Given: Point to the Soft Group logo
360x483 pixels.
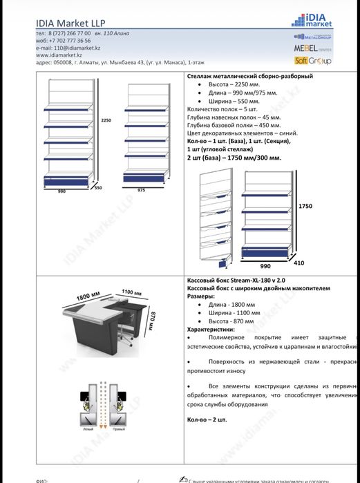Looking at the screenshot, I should (313, 61).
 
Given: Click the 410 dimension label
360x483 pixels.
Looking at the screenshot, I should (299, 263).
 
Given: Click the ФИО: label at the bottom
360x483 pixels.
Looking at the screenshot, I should (41, 478).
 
